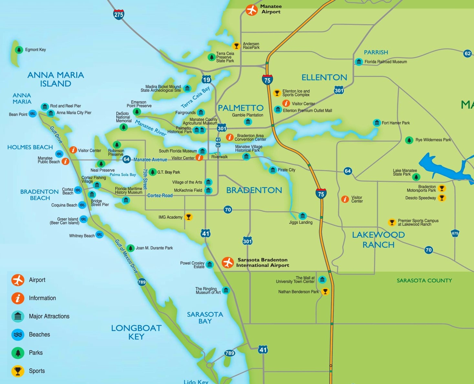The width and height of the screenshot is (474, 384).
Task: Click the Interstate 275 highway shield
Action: (x=119, y=14)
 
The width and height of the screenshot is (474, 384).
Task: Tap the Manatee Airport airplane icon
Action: (x=251, y=10)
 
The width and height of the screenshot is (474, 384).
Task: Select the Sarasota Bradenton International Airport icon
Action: (x=228, y=263)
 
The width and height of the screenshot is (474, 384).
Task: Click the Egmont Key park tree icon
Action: (x=19, y=50)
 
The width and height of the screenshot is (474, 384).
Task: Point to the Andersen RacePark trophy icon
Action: (x=236, y=46)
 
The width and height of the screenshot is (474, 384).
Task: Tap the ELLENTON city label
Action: (x=324, y=78)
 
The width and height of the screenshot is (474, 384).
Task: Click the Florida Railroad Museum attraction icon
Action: (x=359, y=62)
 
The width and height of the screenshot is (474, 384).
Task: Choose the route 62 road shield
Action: (x=467, y=53)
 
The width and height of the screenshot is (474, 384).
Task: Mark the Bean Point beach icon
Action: (x=33, y=114)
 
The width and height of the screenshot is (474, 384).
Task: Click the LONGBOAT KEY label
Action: (x=136, y=332)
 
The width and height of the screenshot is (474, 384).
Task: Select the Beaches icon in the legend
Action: (x=18, y=335)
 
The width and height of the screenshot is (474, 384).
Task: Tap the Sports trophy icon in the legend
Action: (x=18, y=371)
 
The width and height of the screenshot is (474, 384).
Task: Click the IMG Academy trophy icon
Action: (x=189, y=217)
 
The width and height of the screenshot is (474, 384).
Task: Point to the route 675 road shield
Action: (x=455, y=233)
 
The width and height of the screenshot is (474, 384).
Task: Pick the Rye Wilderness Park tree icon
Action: (x=409, y=140)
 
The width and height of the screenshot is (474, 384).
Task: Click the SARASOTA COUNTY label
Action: (x=424, y=281)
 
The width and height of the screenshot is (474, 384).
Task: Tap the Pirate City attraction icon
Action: (x=273, y=170)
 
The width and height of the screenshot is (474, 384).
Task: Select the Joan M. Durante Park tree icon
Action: (x=130, y=248)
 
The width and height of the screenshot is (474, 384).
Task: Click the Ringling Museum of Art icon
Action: (x=226, y=290)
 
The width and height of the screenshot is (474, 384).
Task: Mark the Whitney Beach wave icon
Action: (x=100, y=234)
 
